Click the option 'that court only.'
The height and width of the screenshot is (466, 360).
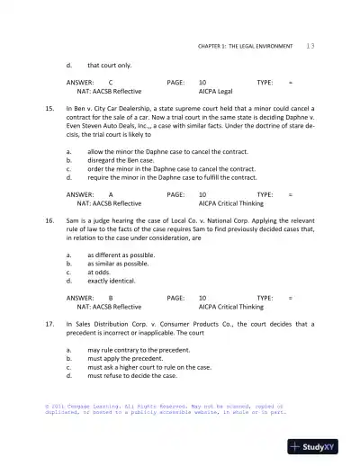click(x=109, y=66)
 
